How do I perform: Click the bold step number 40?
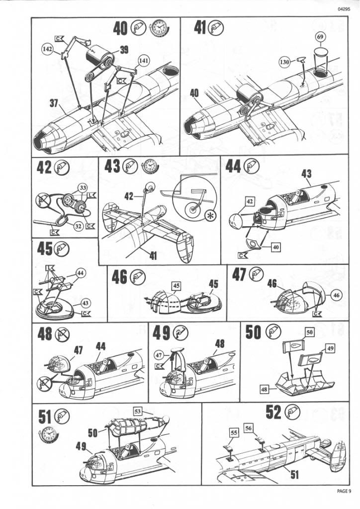coord(120,28)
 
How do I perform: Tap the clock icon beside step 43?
coord(149,167)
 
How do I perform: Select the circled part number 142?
coord(47,49)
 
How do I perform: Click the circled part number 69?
coord(320,37)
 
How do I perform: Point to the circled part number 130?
coord(284,62)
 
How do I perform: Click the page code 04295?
coord(344,9)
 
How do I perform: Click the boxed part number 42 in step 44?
coord(249,202)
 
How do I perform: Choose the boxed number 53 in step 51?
coord(138,411)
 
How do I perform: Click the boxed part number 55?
coord(234,432)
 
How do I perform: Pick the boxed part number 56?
coord(249,428)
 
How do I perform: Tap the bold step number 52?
coord(273,412)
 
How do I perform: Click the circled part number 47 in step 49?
coord(159,355)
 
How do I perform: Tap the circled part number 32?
coord(78,226)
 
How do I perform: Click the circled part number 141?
coord(144,60)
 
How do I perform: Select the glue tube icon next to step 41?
coord(216,27)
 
